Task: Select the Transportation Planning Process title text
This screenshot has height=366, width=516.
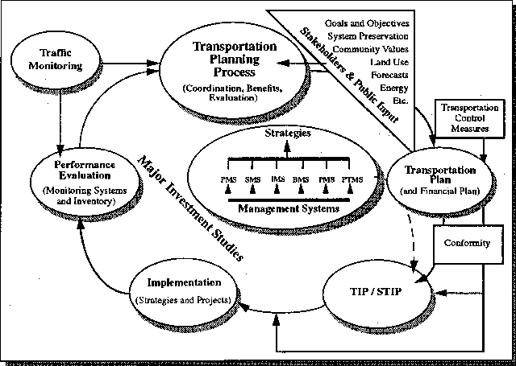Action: pyautogui.click(x=235, y=59)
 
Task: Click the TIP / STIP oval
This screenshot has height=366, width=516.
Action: pyautogui.click(x=377, y=291)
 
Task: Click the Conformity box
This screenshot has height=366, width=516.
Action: pyautogui.click(x=468, y=244)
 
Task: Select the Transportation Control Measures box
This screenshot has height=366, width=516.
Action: pyautogui.click(x=469, y=118)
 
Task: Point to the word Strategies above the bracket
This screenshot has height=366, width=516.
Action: pyautogui.click(x=288, y=134)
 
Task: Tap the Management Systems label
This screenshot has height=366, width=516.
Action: pyautogui.click(x=289, y=209)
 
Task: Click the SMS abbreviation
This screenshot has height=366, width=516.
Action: pyautogui.click(x=252, y=179)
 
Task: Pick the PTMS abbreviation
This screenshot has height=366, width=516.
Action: pyautogui.click(x=352, y=179)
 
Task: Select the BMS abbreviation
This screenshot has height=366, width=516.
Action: pyautogui.click(x=301, y=179)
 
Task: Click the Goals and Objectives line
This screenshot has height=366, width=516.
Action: pyautogui.click(x=367, y=23)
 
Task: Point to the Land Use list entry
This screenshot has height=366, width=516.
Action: pyautogui.click(x=389, y=62)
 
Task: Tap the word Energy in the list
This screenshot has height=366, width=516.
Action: pyautogui.click(x=394, y=88)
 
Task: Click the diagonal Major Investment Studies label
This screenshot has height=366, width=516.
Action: pyautogui.click(x=190, y=208)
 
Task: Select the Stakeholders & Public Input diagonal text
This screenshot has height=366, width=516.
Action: pyautogui.click(x=349, y=76)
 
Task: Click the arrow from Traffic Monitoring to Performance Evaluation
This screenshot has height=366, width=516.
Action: pyautogui.click(x=60, y=121)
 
